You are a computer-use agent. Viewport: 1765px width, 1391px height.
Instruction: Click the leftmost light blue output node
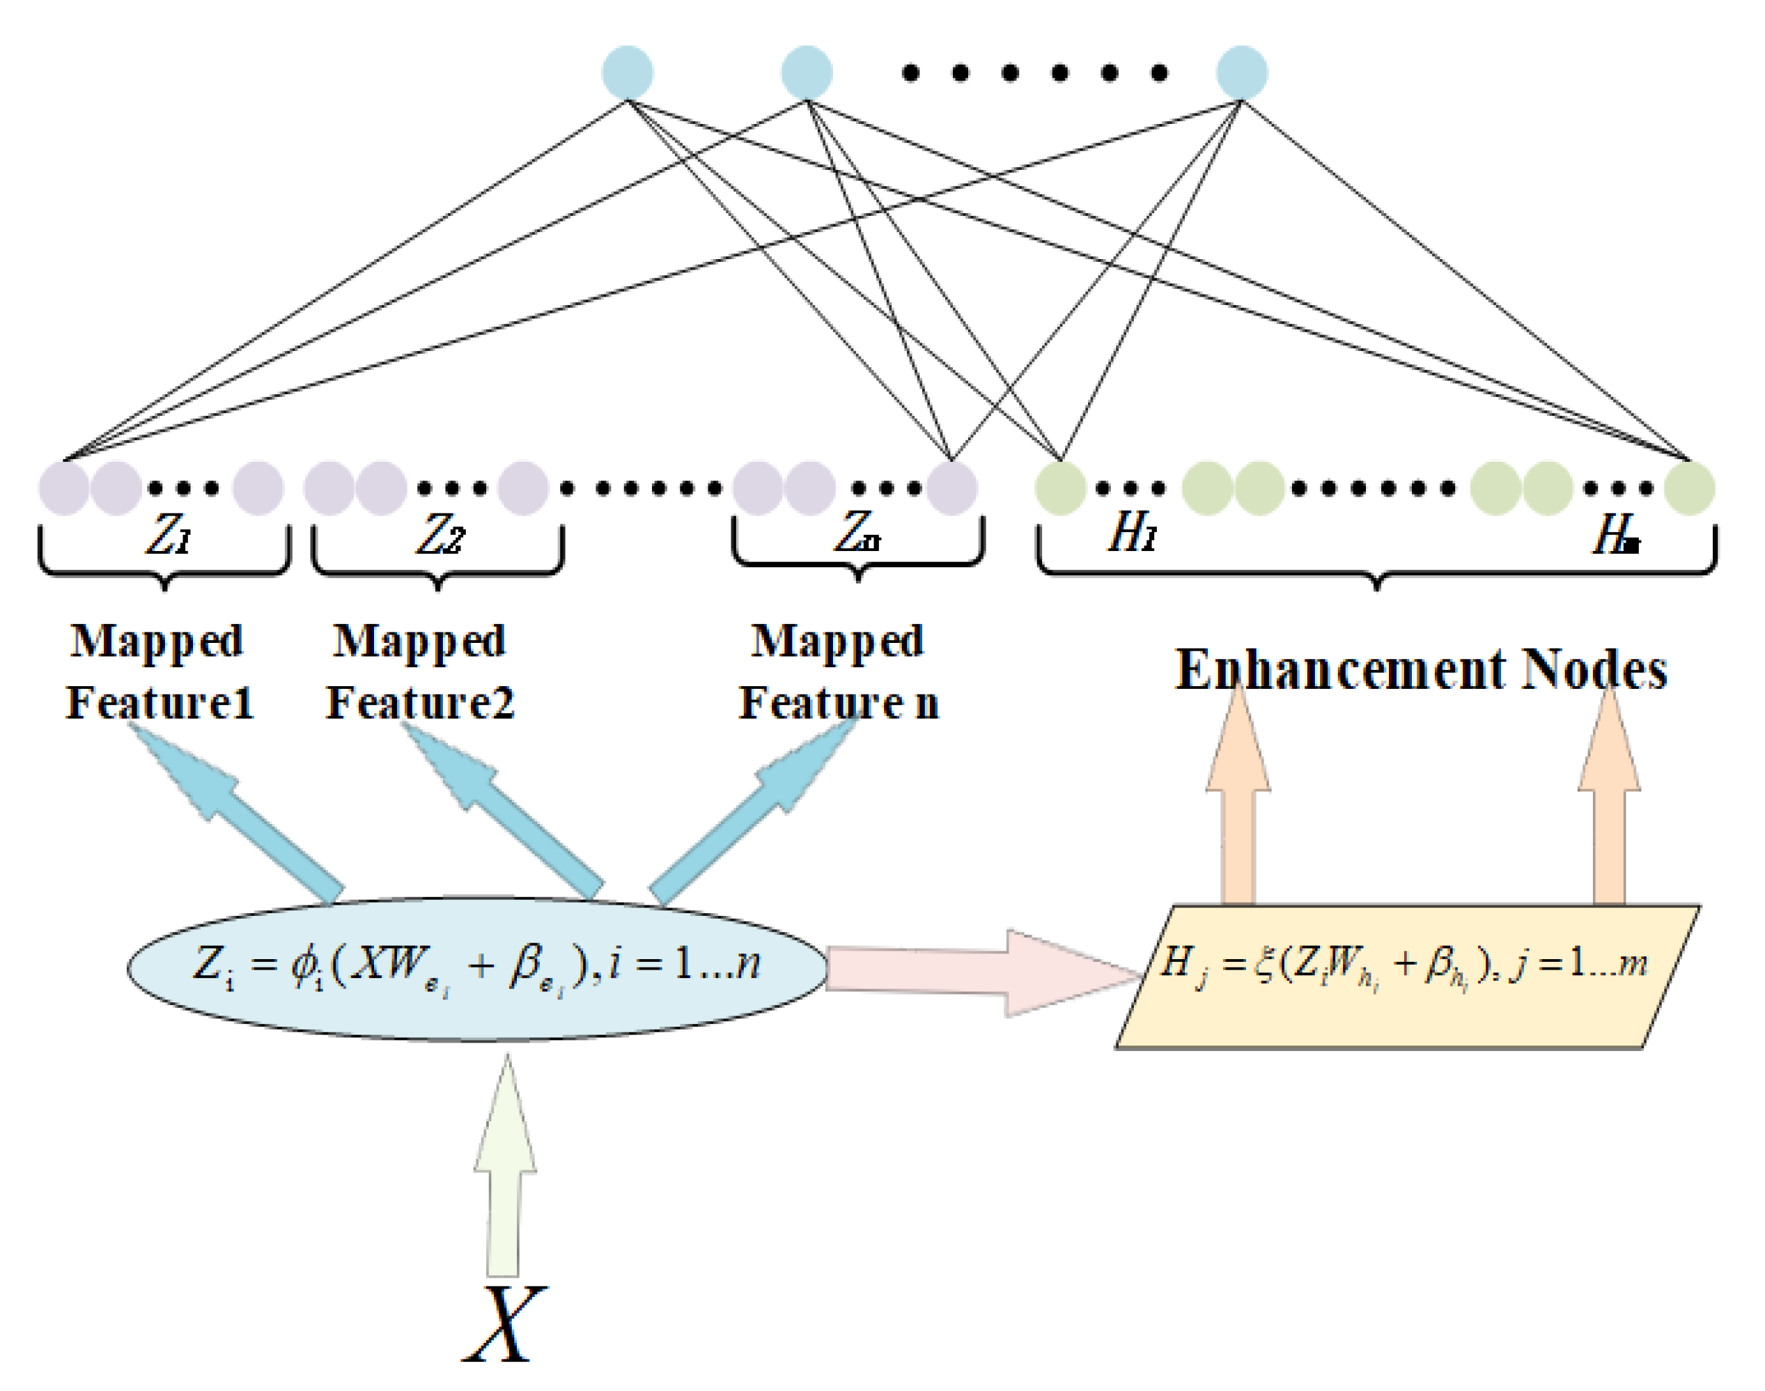pyautogui.click(x=627, y=72)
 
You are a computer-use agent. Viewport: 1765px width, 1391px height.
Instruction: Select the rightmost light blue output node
pyautogui.click(x=1241, y=72)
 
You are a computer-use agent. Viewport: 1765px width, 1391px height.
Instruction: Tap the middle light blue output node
pyautogui.click(x=807, y=72)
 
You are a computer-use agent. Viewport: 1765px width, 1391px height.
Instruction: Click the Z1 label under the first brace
pyautogui.click(x=168, y=536)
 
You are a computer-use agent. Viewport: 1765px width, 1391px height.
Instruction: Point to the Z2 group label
pyautogui.click(x=440, y=536)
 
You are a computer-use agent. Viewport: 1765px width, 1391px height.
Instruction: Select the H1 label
pyautogui.click(x=1132, y=534)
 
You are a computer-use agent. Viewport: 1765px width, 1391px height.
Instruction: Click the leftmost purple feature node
pyautogui.click(x=63, y=488)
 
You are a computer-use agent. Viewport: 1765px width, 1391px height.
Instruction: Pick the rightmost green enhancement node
pyautogui.click(x=1689, y=488)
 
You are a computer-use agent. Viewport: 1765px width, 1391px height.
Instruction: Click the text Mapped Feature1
pyautogui.click(x=159, y=672)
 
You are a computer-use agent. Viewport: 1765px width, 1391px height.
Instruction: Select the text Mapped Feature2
pyautogui.click(x=420, y=672)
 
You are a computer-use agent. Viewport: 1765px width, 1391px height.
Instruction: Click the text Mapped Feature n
pyautogui.click(x=839, y=672)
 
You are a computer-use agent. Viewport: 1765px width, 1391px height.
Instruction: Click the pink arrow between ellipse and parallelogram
pyautogui.click(x=977, y=972)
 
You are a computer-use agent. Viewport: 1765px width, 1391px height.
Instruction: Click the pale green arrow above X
pyautogui.click(x=504, y=1181)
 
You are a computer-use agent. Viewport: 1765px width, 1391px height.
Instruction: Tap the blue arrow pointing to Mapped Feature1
pyautogui.click(x=244, y=814)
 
